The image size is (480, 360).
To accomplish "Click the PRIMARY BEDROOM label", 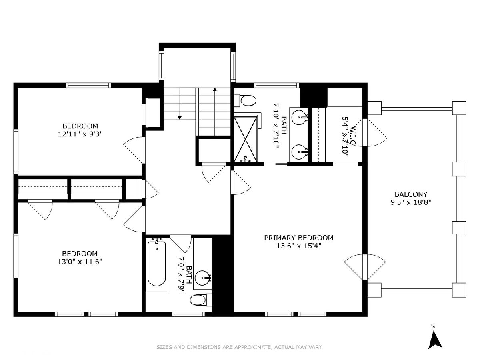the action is pyautogui.click(x=299, y=238).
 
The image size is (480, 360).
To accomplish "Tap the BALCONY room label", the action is pyautogui.click(x=411, y=194).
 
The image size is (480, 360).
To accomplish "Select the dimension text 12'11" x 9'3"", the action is pyautogui.click(x=80, y=134).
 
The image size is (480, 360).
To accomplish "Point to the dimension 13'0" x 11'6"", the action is pyautogui.click(x=80, y=262).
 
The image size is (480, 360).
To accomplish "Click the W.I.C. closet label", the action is pyautogui.click(x=353, y=136).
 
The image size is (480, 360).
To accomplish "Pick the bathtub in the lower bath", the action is pyautogui.click(x=157, y=264).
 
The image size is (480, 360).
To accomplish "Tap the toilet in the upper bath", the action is pyautogui.click(x=245, y=100).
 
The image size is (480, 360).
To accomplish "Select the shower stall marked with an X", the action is pyautogui.click(x=246, y=139).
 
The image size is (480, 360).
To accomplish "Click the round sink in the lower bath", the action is pyautogui.click(x=203, y=278).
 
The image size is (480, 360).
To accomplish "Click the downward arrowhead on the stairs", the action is pyautogui.click(x=180, y=118).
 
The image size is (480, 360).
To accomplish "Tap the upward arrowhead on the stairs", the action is pyautogui.click(x=215, y=89).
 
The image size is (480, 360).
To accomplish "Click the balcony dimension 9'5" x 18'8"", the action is pyautogui.click(x=411, y=202).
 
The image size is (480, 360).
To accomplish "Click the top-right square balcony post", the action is pyautogui.click(x=459, y=108).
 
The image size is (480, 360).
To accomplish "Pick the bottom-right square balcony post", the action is pyautogui.click(x=459, y=290).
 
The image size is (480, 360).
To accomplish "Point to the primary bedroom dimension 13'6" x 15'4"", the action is pyautogui.click(x=299, y=246).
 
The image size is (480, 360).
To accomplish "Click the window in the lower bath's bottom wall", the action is pyautogui.click(x=188, y=314).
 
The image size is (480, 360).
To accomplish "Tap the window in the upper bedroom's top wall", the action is pyautogui.click(x=88, y=85).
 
